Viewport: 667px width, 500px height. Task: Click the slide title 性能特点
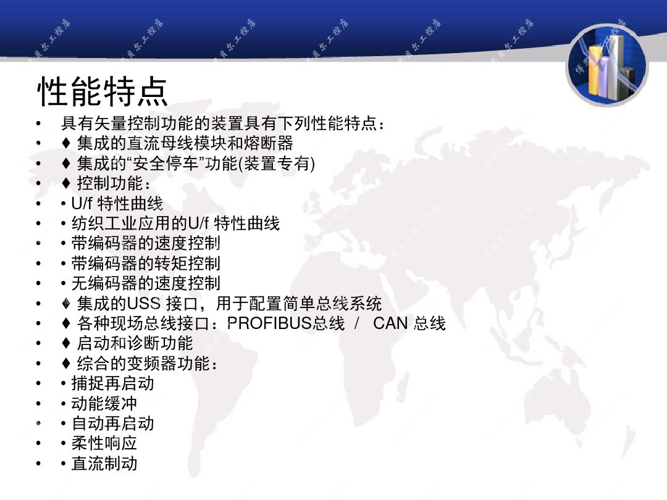coord(103,91)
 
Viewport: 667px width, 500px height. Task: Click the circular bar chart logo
coord(607,65)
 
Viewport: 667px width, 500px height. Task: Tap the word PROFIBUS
coord(270,323)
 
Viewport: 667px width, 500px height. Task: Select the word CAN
coord(390,323)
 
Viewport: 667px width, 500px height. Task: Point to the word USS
coord(144,303)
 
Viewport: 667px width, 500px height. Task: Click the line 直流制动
coord(104,464)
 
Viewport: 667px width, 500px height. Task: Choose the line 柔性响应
coord(104,443)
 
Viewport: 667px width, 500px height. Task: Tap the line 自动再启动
coord(113,423)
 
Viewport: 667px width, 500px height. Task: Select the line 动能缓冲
coord(104,404)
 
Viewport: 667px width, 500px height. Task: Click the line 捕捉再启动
coord(113,383)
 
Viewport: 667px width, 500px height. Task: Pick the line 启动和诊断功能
coord(135,343)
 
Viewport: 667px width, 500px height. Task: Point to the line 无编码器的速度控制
coord(146,283)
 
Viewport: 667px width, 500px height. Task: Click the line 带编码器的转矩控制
coord(146,263)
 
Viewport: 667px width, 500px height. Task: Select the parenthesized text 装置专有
coord(277,163)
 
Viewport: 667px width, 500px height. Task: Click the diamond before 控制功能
coord(66,183)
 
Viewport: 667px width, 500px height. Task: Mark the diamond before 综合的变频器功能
coord(66,363)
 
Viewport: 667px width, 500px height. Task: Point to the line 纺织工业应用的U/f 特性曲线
coord(175,223)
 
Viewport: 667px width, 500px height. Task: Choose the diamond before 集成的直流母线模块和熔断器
coord(66,143)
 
